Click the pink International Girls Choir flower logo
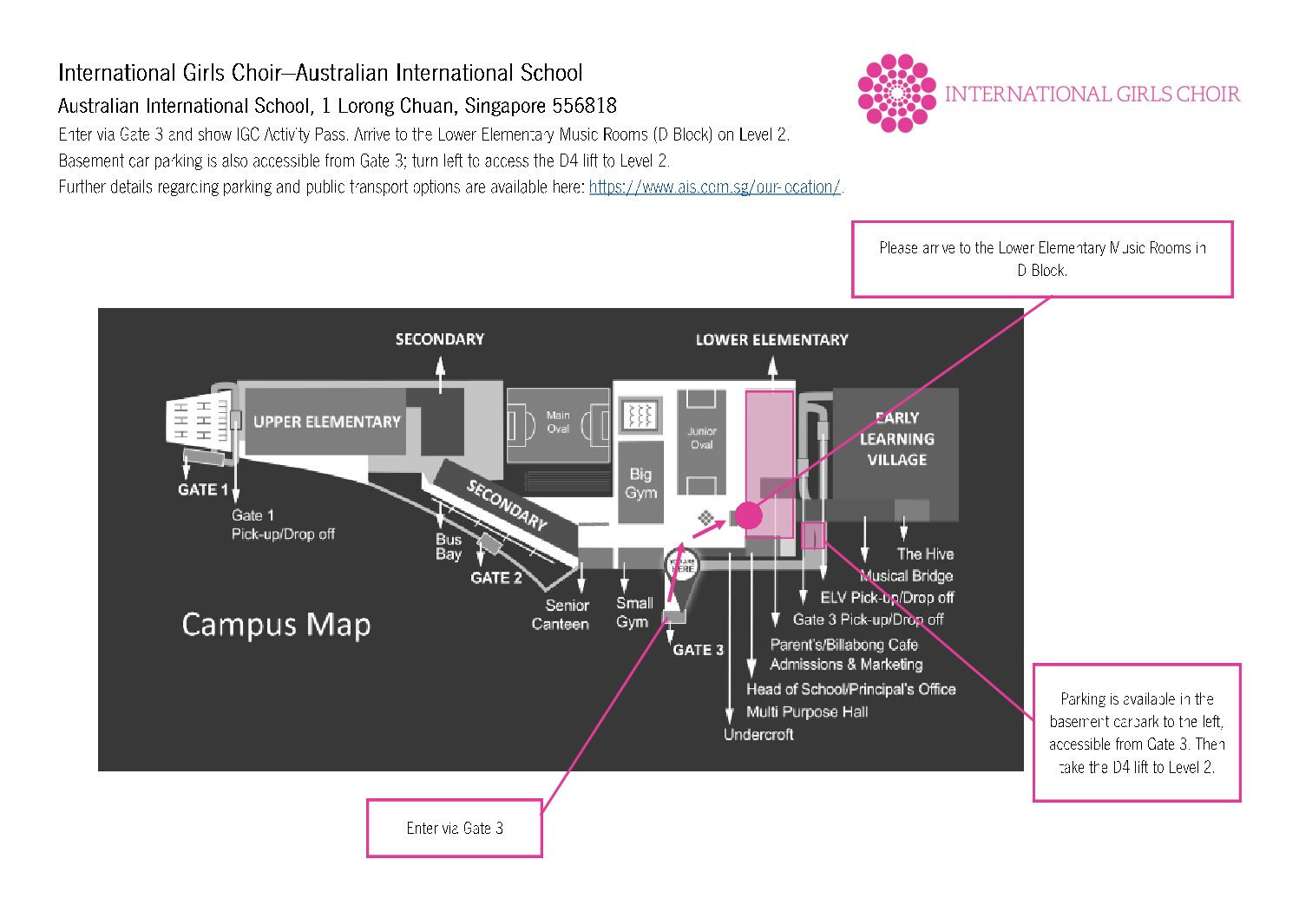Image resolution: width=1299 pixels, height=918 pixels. tap(896, 93)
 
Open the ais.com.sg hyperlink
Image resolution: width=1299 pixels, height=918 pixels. tap(714, 187)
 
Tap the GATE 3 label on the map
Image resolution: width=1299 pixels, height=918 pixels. tap(698, 650)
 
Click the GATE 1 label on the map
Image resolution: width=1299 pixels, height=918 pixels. tap(203, 489)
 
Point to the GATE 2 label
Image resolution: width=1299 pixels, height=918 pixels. tap(496, 578)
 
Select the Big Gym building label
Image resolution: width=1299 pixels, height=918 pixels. tap(640, 483)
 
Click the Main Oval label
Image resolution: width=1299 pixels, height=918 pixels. tap(558, 422)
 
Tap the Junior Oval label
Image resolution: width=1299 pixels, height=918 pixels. tap(701, 437)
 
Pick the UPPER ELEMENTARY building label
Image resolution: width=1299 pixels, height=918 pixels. tap(326, 422)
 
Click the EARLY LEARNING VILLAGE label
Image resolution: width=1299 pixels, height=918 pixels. tap(896, 439)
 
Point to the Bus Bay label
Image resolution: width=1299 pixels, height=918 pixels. tap(449, 547)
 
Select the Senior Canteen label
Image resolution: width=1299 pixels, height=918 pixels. tap(561, 614)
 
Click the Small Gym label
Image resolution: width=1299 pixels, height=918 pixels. tap(633, 613)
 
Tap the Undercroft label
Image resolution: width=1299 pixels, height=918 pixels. tap(758, 735)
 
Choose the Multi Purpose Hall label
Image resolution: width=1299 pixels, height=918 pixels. tap(807, 712)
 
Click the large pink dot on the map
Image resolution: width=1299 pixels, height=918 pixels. tap(749, 515)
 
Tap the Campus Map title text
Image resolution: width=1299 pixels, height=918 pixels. tap(276, 625)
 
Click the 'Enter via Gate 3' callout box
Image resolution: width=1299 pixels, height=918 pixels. tap(455, 828)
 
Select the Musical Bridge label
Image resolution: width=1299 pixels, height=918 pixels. tap(907, 576)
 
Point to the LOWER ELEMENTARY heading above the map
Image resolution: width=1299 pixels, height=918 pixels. tap(771, 340)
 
